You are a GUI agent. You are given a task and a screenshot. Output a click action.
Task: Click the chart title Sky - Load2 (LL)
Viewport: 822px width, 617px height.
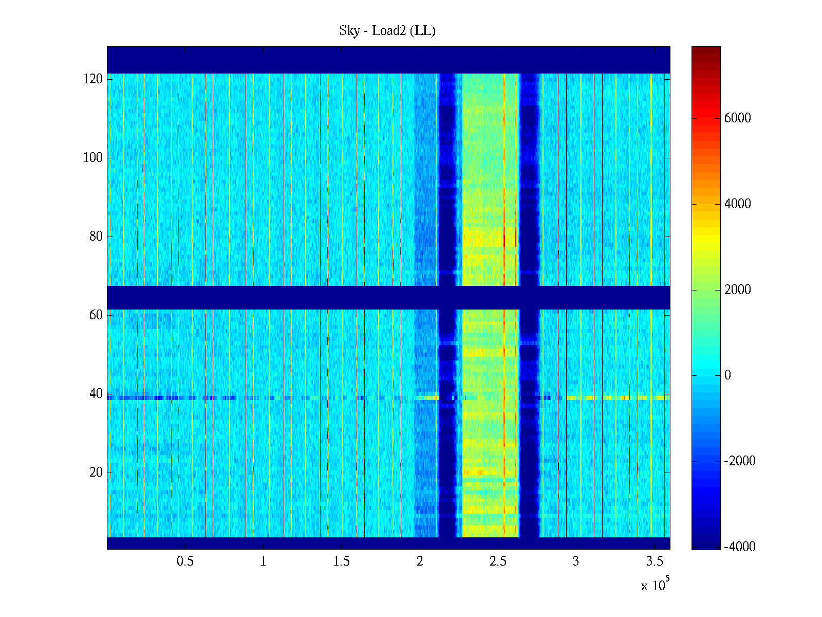point(387,31)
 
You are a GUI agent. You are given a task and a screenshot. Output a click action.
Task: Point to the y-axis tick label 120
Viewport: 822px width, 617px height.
point(93,79)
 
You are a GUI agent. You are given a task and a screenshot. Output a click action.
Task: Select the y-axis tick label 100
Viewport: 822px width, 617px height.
point(93,158)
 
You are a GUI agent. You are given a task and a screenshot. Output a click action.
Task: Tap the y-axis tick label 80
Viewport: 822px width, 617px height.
point(96,237)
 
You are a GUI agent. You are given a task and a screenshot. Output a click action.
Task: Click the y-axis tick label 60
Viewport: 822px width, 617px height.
point(96,315)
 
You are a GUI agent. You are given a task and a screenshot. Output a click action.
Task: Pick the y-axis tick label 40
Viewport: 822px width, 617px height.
point(96,394)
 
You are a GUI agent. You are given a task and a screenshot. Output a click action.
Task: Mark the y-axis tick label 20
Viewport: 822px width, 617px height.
point(96,473)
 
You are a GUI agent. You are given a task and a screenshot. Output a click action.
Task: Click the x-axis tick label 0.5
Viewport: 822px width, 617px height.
point(185,561)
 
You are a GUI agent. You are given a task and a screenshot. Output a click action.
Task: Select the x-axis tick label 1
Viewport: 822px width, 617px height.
point(263,561)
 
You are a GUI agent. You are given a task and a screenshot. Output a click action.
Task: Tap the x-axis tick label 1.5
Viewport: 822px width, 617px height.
point(342,561)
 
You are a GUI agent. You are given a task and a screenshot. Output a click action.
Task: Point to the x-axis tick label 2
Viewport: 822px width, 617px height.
point(420,561)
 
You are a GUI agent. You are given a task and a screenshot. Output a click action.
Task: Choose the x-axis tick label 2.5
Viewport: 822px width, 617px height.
point(498,561)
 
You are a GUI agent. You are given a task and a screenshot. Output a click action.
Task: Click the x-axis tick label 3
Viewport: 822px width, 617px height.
point(576,561)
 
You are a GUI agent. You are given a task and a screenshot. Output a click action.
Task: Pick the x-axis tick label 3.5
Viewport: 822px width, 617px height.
point(655,561)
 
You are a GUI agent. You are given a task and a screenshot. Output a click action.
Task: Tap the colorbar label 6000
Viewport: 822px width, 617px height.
point(738,118)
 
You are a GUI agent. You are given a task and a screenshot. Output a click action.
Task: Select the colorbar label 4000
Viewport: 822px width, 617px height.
point(738,204)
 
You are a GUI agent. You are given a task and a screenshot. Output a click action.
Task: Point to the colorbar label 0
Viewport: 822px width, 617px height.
point(727,375)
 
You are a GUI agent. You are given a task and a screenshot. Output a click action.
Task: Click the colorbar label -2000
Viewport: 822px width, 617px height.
point(740,461)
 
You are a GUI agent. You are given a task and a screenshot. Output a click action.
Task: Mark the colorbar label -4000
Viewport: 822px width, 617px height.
point(740,547)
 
